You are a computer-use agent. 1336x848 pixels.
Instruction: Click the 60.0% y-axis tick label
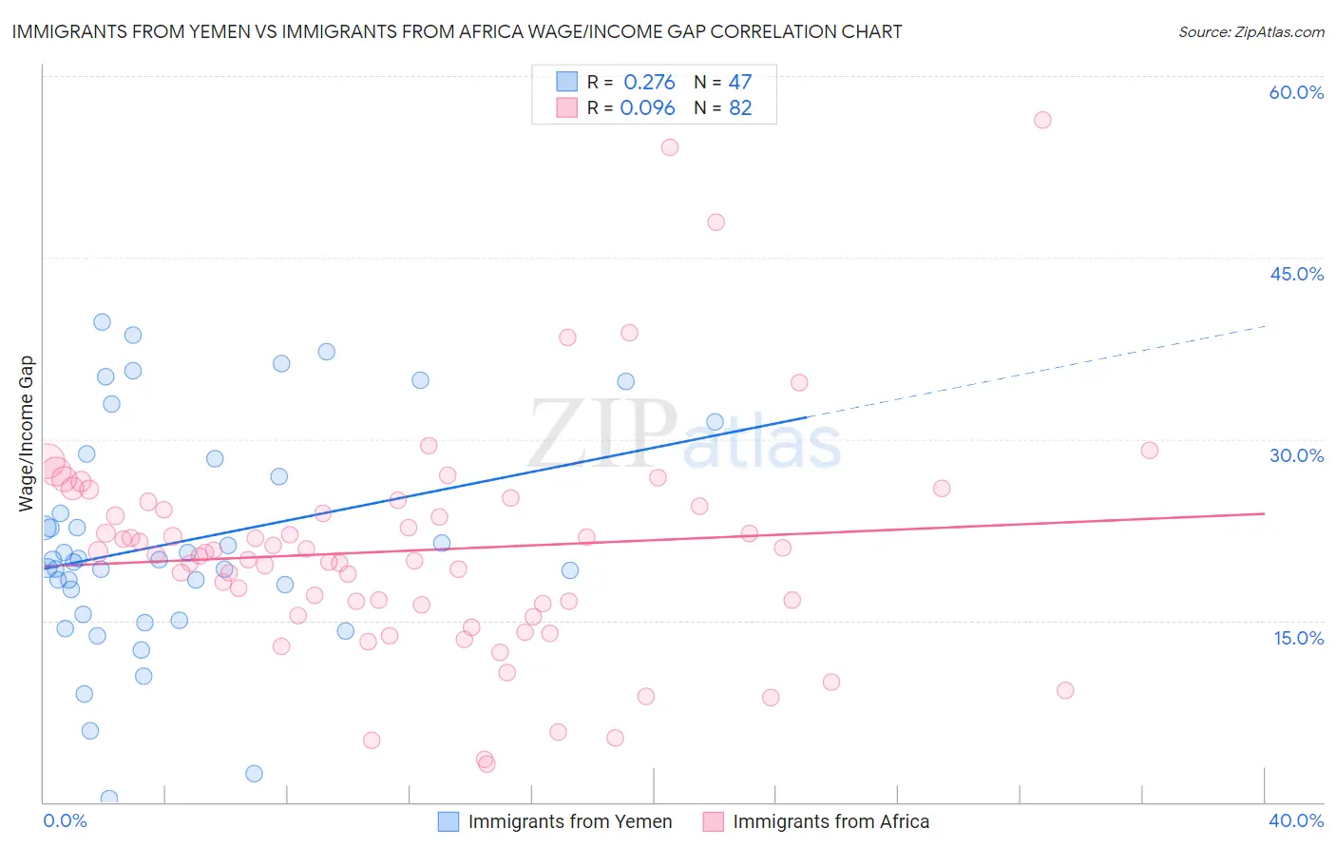1296,92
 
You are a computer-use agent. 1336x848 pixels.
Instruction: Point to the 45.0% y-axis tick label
1296,274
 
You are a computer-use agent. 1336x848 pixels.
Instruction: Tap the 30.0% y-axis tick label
1296,455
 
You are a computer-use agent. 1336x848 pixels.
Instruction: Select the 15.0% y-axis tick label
1298,638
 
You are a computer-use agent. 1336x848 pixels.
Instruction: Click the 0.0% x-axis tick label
65,820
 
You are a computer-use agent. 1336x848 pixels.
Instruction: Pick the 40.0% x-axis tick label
1296,820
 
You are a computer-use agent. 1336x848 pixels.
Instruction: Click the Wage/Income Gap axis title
27,434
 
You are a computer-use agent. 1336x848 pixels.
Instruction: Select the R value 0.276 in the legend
649,82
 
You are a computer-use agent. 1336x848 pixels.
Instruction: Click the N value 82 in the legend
740,107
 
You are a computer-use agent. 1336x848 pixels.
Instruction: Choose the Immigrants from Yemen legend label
569,821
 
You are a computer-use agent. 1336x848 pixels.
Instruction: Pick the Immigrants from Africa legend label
830,821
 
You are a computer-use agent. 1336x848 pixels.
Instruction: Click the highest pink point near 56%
1042,120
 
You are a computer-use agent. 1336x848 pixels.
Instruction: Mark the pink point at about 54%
670,147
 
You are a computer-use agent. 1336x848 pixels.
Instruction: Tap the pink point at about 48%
716,222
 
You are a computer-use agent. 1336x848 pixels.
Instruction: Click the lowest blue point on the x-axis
109,799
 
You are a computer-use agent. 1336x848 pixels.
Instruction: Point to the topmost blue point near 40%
102,322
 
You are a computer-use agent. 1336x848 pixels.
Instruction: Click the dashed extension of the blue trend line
1036,372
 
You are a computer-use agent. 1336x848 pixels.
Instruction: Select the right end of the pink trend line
1264,513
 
